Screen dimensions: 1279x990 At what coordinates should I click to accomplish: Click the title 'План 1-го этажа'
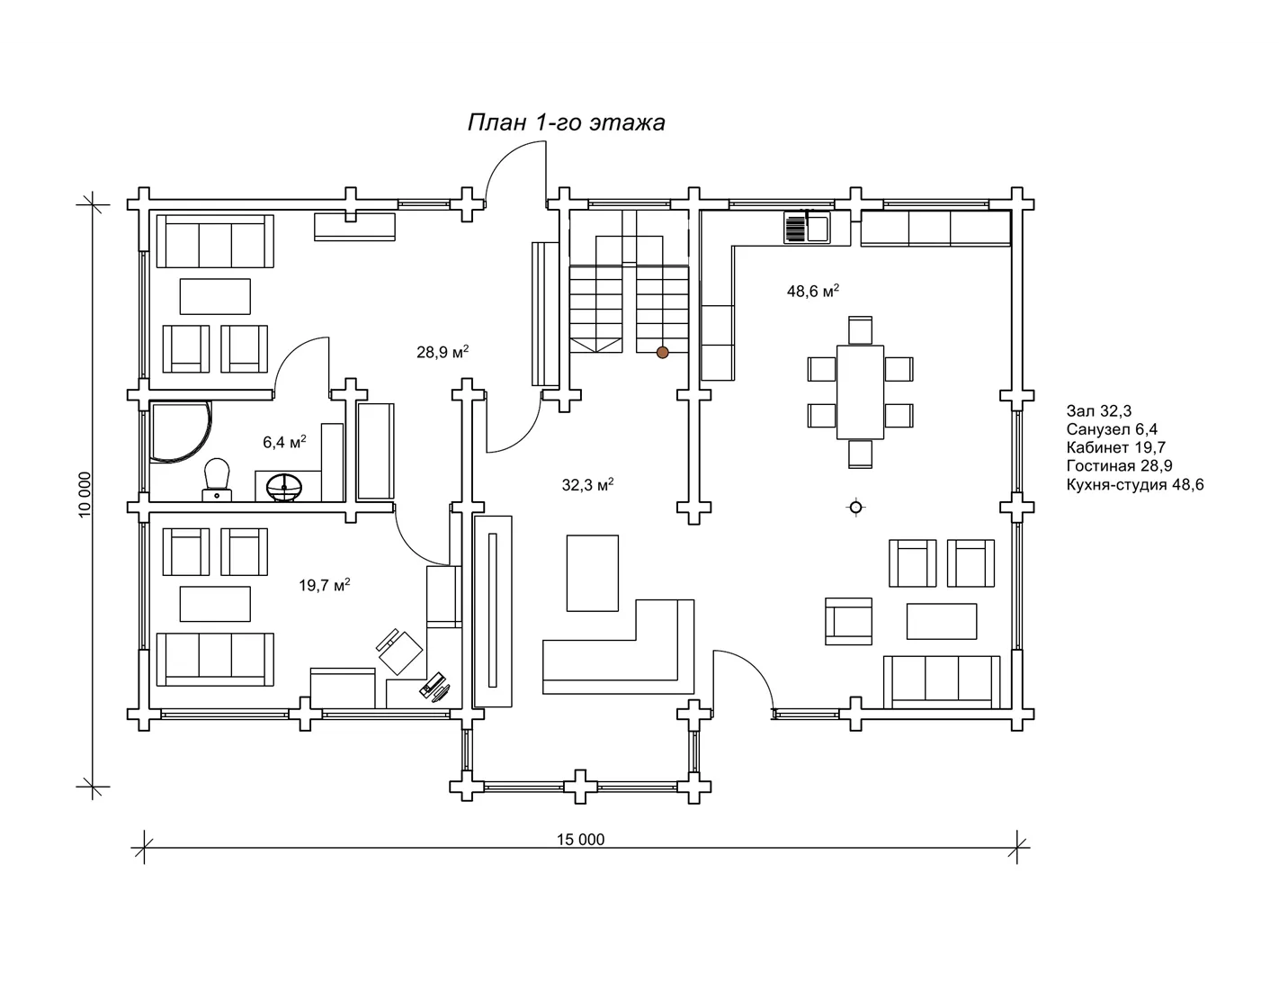[x=567, y=122]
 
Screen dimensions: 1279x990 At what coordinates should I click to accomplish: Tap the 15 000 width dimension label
[x=580, y=839]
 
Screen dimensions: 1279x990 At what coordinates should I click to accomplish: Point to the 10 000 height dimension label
[x=85, y=495]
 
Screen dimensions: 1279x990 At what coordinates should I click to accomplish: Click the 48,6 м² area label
[x=813, y=291]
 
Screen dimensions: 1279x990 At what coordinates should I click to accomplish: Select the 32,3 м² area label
[x=587, y=485]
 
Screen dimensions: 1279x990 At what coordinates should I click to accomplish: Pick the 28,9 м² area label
[x=443, y=352]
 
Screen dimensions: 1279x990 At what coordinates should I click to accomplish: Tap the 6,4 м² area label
[x=284, y=442]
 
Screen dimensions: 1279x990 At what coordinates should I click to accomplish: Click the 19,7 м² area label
[x=325, y=585]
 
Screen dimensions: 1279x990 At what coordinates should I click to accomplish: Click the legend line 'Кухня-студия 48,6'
[x=1135, y=485]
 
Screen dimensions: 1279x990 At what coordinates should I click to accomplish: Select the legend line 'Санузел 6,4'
[x=1112, y=429]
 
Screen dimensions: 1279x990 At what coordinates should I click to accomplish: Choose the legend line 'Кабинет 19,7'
[x=1116, y=447]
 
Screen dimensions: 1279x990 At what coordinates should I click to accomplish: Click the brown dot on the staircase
[x=662, y=352]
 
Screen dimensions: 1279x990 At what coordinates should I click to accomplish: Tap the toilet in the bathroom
[x=217, y=480]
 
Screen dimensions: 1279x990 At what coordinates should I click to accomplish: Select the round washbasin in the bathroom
[x=284, y=488]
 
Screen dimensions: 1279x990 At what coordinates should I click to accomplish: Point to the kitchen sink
[x=808, y=228]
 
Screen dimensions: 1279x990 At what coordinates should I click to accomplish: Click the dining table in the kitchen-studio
[x=860, y=392]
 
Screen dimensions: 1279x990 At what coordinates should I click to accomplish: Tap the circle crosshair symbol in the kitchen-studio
[x=855, y=507]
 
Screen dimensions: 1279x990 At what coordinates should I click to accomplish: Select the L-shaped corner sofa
[x=619, y=647]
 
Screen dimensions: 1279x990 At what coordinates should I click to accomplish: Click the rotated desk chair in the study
[x=399, y=652]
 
